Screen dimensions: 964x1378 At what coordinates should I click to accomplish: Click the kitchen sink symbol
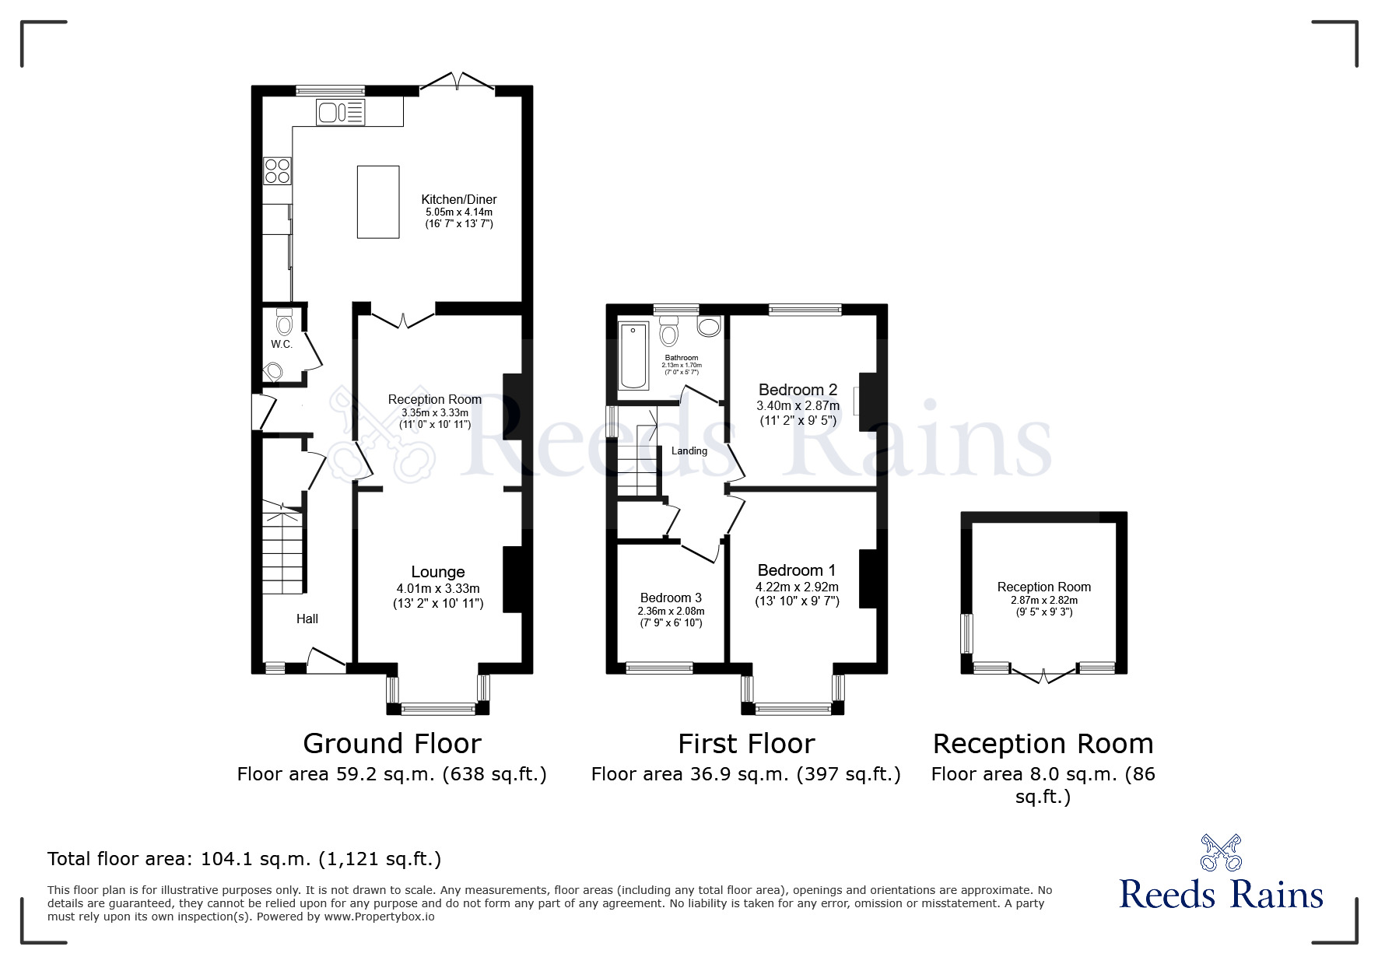pos(340,113)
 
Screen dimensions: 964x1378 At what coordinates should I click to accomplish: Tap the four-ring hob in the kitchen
pos(277,170)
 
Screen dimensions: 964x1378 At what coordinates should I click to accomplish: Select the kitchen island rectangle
pos(378,202)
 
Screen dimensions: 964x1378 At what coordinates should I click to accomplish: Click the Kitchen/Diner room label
pos(459,199)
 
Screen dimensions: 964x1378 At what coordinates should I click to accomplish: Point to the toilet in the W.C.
pos(284,322)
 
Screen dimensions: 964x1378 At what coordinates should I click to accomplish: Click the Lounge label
pos(438,573)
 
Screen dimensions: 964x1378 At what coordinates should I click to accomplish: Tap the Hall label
pos(307,619)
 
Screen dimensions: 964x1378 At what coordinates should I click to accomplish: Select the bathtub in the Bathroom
pos(633,356)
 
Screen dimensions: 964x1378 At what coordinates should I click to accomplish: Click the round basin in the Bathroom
pos(709,327)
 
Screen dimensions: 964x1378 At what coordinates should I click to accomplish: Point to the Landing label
pos(689,450)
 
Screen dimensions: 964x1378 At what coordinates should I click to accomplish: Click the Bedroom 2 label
pos(798,390)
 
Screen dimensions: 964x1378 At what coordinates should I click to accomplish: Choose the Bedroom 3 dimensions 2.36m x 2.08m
pos(671,611)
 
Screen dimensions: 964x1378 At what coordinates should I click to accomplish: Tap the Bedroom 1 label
pos(796,570)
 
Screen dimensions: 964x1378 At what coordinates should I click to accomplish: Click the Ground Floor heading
pos(391,744)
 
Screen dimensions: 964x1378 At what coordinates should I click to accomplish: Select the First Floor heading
pos(745,744)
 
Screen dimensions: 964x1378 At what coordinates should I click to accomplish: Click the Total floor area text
pos(244,859)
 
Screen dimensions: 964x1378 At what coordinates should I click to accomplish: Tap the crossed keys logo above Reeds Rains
pos(1221,852)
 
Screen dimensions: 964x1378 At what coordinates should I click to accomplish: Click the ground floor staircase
pos(282,549)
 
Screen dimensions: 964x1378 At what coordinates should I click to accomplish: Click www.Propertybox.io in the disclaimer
pos(380,917)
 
